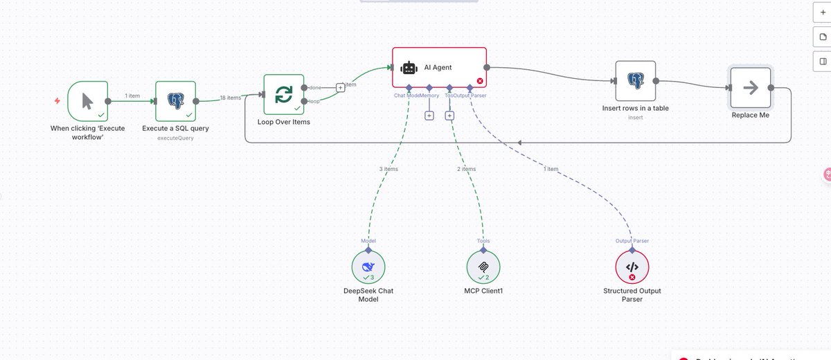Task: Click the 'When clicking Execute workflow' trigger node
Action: point(88,101)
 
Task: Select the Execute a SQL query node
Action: point(175,101)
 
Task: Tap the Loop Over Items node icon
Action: point(284,95)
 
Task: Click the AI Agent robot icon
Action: point(409,68)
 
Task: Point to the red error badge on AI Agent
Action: point(480,81)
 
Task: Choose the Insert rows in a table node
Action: point(635,81)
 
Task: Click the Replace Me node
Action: point(750,88)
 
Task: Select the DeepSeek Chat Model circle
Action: point(368,267)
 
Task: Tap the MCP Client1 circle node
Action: point(483,267)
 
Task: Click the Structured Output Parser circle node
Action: point(632,267)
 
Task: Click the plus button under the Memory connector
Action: point(429,116)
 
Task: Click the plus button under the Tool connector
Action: point(449,116)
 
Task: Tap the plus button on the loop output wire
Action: point(340,87)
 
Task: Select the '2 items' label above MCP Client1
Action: point(466,169)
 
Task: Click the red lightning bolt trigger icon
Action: point(57,101)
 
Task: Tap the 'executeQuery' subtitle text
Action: point(175,138)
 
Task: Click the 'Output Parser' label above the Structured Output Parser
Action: point(632,241)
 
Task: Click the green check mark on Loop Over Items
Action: point(297,108)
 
